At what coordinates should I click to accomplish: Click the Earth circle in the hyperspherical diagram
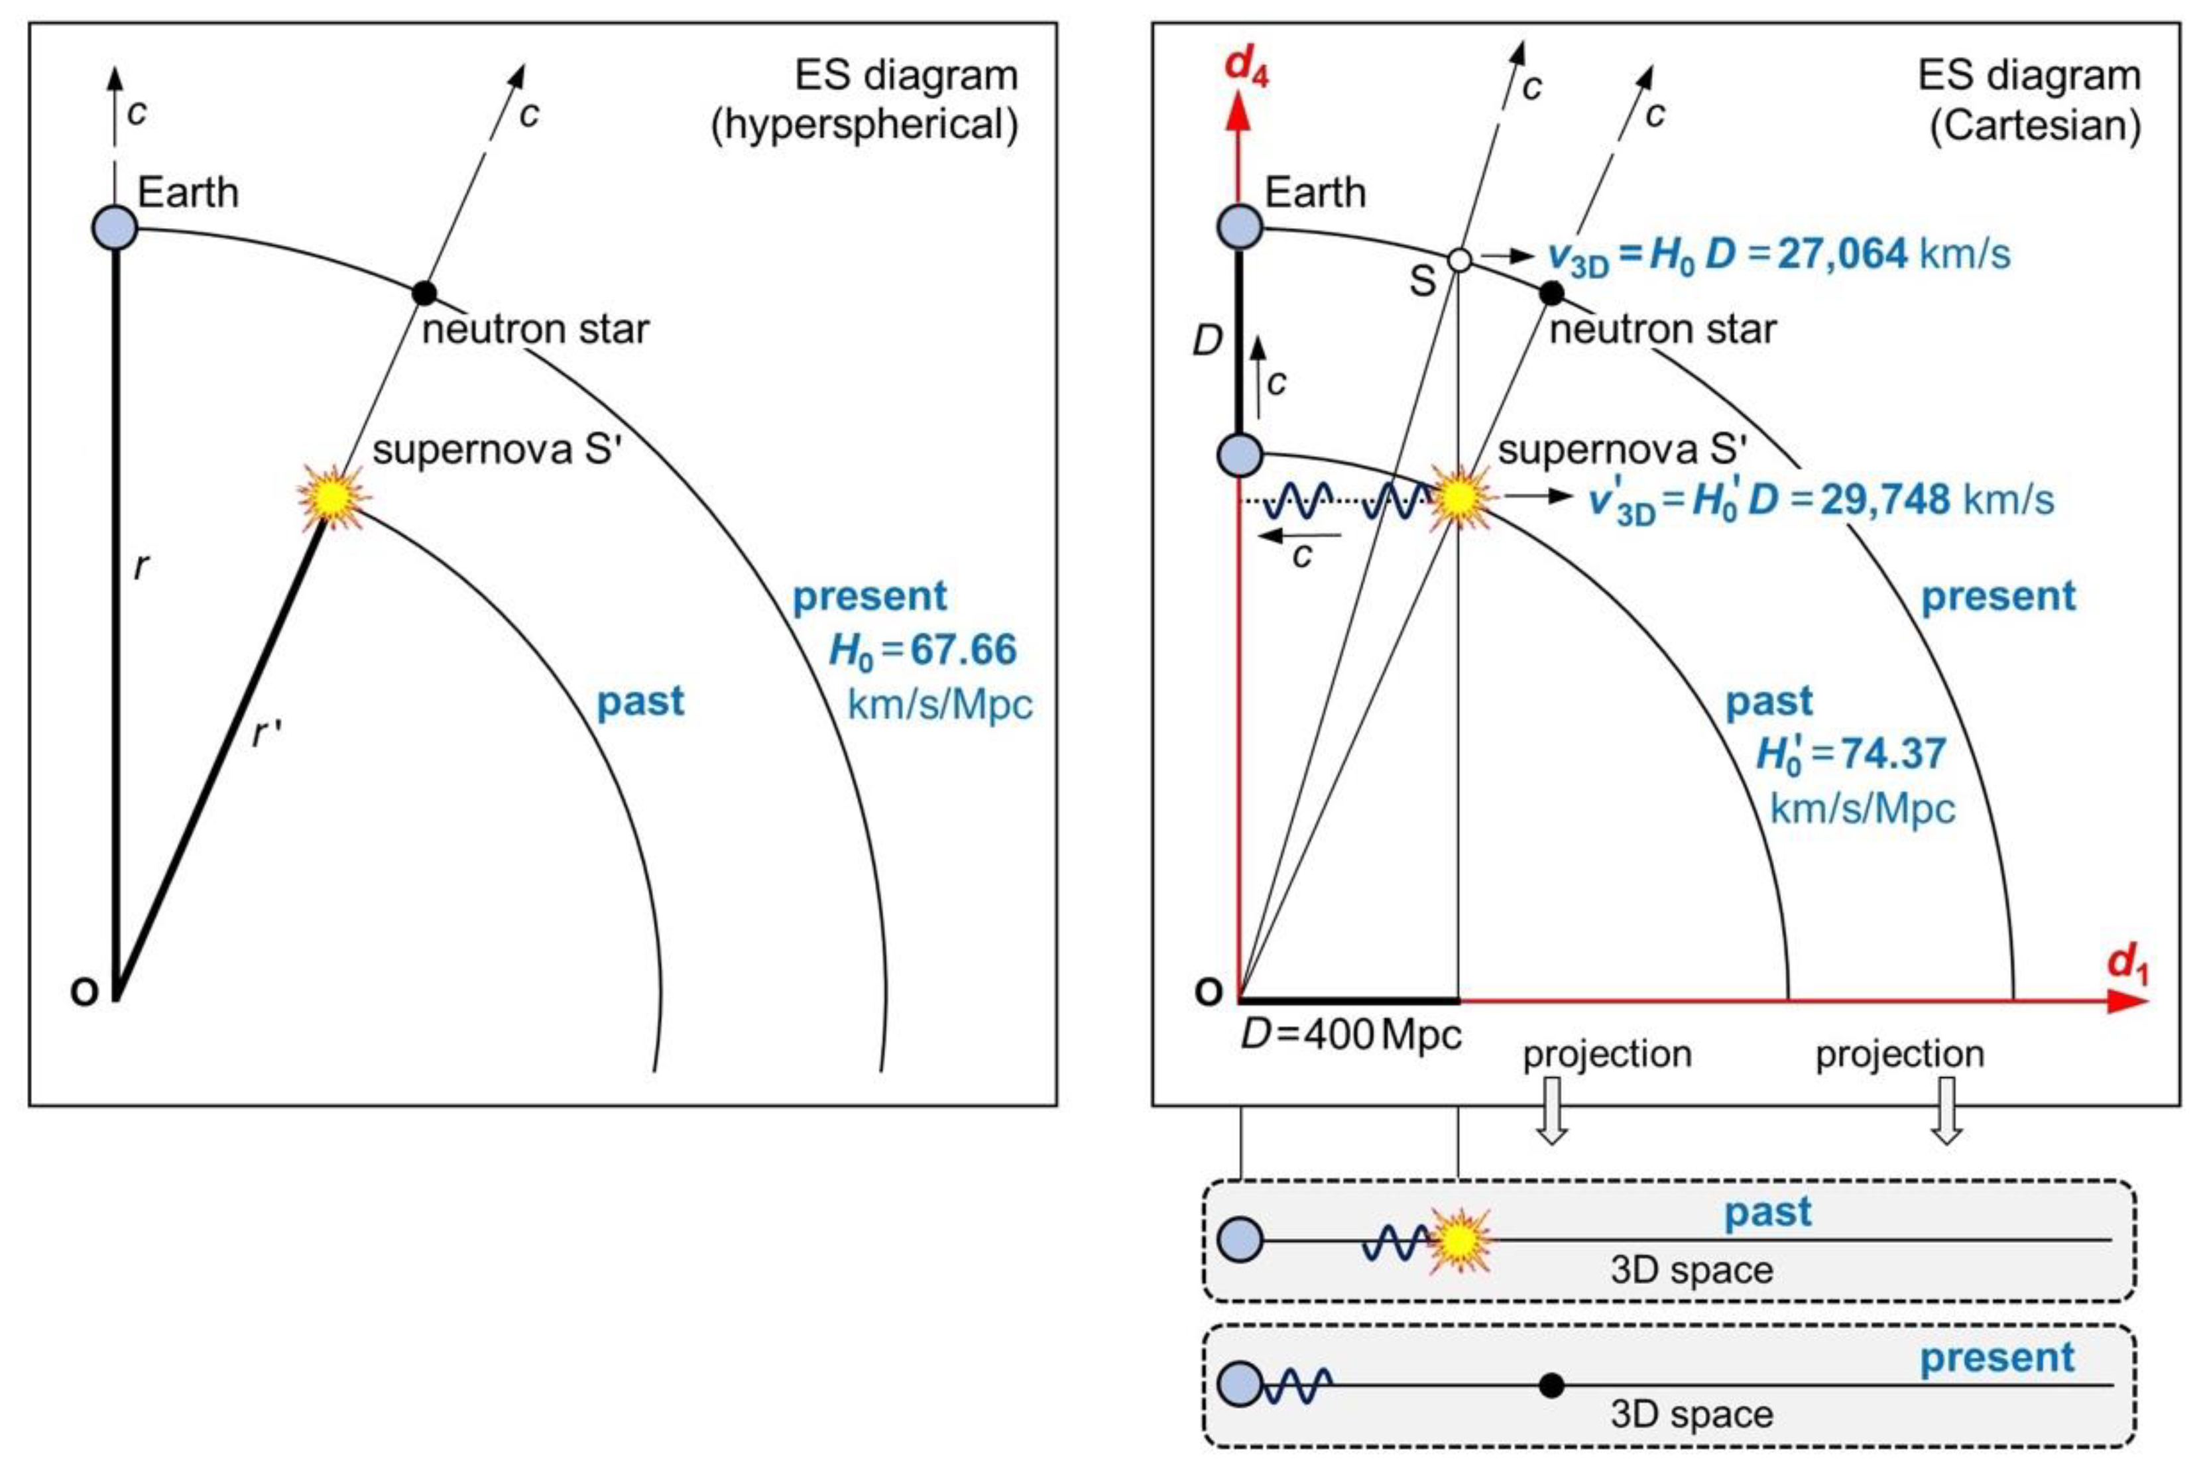[115, 228]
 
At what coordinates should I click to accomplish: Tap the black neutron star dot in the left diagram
[425, 293]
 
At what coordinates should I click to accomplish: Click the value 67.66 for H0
[963, 649]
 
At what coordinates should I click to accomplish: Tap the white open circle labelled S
[1459, 260]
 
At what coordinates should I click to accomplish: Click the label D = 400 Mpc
[1351, 1034]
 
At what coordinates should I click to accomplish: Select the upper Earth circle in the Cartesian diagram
[1240, 228]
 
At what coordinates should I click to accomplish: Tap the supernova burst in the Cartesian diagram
[1459, 498]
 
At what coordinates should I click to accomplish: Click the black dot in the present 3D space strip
[1552, 1385]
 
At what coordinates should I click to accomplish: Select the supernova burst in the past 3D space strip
[1459, 1241]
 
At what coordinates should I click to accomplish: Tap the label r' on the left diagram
[267, 735]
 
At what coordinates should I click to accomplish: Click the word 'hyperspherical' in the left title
[864, 125]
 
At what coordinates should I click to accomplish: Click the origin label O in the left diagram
[84, 992]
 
